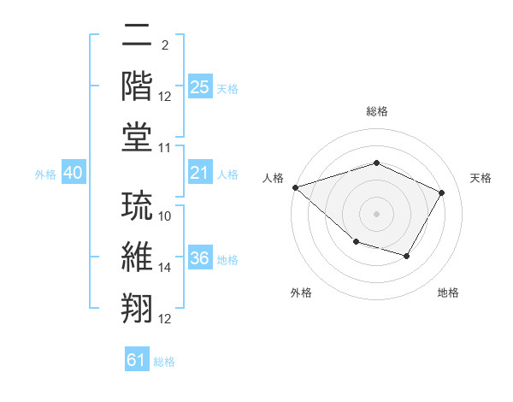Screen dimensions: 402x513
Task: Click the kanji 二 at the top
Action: coord(137,36)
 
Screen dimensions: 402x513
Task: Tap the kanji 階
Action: coord(137,86)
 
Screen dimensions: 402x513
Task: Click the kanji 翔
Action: coord(137,306)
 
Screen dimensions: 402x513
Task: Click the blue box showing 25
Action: coord(199,86)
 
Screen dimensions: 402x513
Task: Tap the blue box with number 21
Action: coord(199,174)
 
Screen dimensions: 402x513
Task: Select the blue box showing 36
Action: coord(199,259)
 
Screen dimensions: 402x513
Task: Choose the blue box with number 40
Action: coord(73,174)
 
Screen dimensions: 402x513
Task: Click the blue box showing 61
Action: coord(137,360)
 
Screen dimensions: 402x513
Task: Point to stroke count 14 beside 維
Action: coord(165,268)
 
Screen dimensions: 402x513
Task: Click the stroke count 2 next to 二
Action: coord(164,45)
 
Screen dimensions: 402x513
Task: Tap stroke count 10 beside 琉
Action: coord(165,216)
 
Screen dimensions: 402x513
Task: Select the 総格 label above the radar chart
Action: coord(376,112)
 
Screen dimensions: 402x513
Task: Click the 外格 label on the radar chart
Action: coord(300,293)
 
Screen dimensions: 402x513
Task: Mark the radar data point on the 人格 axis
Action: coord(295,186)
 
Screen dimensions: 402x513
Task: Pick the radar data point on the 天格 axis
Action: coord(442,192)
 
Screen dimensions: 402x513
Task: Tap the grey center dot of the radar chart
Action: coord(376,213)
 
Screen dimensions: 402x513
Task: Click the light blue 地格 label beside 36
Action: coord(227,260)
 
